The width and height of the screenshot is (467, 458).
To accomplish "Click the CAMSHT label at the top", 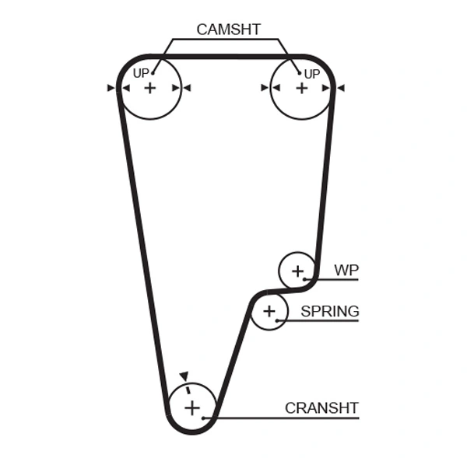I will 228,30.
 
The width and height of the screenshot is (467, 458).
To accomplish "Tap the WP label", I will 346,271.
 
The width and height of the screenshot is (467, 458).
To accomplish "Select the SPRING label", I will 330,312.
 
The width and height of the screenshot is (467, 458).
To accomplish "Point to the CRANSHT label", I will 321,407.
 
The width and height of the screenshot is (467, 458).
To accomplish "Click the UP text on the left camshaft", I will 141,74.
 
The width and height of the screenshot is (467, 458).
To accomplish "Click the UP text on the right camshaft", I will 311,74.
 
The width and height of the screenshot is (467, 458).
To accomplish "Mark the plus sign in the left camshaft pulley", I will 149,88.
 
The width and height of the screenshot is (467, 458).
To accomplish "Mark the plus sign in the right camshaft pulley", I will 301,88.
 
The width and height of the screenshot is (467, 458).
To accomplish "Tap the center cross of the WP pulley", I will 297,271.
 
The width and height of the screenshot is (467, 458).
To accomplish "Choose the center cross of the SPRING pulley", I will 269,312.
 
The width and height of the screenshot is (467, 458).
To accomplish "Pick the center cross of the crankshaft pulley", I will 191,407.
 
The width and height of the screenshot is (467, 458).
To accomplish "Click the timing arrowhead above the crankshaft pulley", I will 184,376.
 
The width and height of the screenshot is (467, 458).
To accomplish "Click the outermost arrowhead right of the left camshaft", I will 187,88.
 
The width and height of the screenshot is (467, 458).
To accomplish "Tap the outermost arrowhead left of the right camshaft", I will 265,88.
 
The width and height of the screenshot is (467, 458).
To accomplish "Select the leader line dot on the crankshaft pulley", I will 205,418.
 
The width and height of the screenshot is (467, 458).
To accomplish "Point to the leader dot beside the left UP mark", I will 154,74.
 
